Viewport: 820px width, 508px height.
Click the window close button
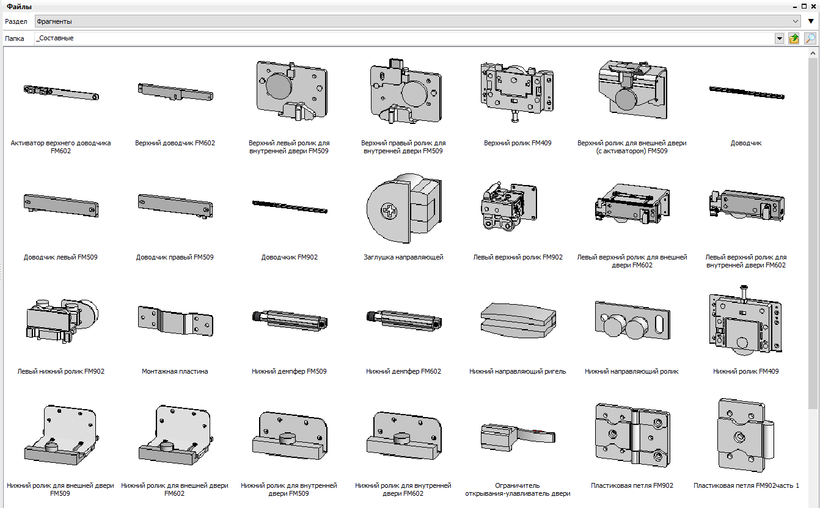813,6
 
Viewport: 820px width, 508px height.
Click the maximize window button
804,6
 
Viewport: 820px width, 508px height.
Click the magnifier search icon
810,38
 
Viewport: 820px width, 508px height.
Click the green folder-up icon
794,38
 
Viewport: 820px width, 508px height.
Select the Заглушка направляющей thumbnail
404,208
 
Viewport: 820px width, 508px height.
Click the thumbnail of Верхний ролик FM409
517,92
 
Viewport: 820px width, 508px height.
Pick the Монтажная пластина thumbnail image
175,321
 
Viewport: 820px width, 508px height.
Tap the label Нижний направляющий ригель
518,371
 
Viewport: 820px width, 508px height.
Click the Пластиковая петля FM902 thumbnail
632,435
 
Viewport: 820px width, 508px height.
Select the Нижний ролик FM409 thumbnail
745,321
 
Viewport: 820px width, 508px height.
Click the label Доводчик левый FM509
60,257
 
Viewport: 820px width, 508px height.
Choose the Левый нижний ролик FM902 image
62,321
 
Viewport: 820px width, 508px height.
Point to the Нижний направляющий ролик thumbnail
632,321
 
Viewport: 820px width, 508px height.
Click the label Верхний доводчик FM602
175,143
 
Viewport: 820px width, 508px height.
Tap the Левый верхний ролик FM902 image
509,206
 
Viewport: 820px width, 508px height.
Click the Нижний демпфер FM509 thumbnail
290,321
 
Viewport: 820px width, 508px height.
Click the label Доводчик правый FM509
175,257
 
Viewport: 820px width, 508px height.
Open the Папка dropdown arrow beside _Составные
779,38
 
